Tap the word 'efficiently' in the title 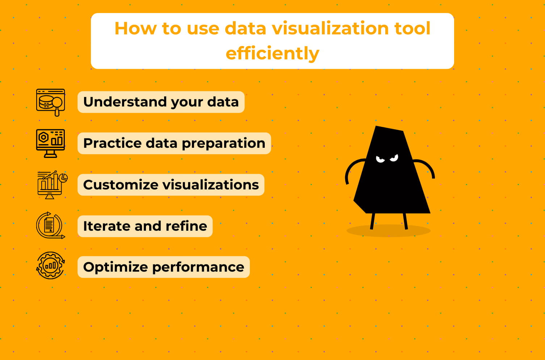pos(272,53)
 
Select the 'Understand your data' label pos(161,102)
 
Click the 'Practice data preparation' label pos(174,143)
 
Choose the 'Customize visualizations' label pos(171,185)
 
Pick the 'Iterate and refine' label pos(145,226)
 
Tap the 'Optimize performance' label pos(164,267)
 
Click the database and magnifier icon pos(51,102)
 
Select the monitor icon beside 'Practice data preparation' pos(51,143)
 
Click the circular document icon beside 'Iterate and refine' pos(50,226)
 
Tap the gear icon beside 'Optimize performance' pos(50,265)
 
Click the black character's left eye pos(380,159)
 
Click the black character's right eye pos(394,158)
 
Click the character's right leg pos(405,221)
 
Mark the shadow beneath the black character pos(389,232)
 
